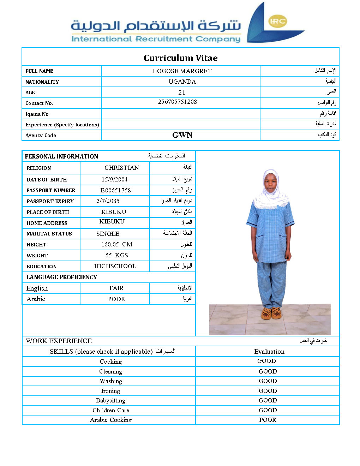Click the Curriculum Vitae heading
[180, 58]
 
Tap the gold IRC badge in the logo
[277, 21]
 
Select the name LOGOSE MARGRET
[182, 71]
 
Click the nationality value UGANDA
[182, 82]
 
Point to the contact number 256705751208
[177, 102]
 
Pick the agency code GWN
[182, 135]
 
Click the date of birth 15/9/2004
[115, 179]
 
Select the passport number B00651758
[115, 190]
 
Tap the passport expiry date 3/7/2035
[108, 201]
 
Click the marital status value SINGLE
[108, 234]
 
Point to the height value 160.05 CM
[117, 244]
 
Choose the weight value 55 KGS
[116, 255]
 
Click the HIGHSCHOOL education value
[115, 266]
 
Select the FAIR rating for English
[116, 288]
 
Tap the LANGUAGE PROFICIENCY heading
[62, 277]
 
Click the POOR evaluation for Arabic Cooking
[268, 420]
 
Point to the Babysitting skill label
[110, 400]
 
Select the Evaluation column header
[269, 351]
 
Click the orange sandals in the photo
[271, 313]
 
